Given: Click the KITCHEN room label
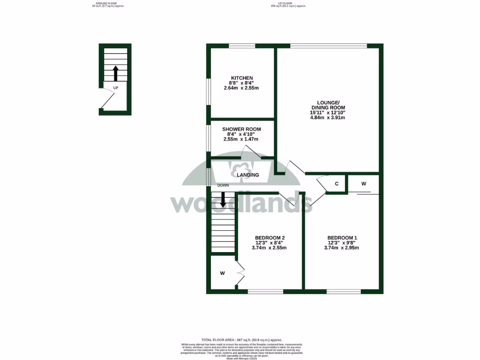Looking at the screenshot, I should click(x=242, y=78).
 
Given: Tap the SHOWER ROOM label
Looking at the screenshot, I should click(x=241, y=129).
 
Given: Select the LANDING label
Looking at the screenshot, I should click(x=248, y=175).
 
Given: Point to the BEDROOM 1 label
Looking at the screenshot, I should click(x=341, y=238).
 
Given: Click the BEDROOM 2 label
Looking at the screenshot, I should click(x=269, y=238).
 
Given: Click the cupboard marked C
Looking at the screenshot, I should click(x=337, y=184).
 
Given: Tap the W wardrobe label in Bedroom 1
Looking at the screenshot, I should click(x=364, y=184).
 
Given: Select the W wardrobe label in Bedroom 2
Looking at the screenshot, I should click(x=223, y=273).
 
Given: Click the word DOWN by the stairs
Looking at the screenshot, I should click(x=223, y=185).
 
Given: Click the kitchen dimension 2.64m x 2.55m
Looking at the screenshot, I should click(x=241, y=88).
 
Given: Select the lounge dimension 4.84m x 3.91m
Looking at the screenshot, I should click(x=328, y=118).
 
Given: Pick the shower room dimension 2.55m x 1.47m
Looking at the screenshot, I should click(x=241, y=139).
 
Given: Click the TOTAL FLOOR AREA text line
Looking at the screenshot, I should click(x=241, y=339).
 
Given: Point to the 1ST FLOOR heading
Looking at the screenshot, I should click(x=288, y=4).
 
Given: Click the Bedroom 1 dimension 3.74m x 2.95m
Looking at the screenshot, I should click(x=341, y=248).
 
